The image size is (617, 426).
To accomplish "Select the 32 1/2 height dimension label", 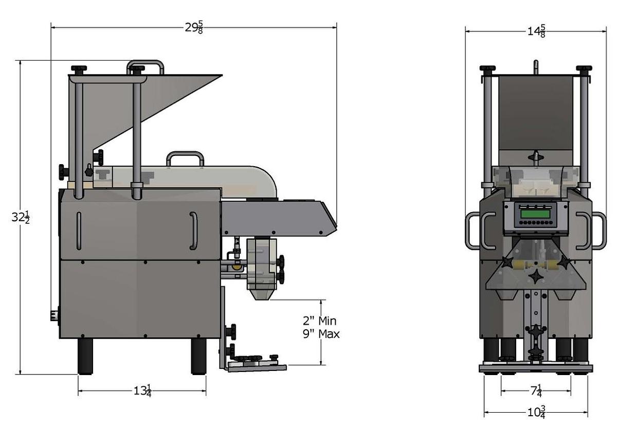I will pyautogui.click(x=20, y=218).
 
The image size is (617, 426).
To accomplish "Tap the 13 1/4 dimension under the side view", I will pyautogui.click(x=142, y=390).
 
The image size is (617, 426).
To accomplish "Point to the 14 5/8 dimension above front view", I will pyautogui.click(x=536, y=31).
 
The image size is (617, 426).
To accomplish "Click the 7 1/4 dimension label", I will pyautogui.click(x=536, y=391).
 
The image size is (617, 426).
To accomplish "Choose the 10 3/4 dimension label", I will pyautogui.click(x=536, y=412).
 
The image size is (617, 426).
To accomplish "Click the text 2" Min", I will pyautogui.click(x=319, y=321).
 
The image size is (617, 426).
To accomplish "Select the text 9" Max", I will pyautogui.click(x=321, y=334).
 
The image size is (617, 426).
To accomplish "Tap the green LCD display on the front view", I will pyautogui.click(x=535, y=213).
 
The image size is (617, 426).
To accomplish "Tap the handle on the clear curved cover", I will pyautogui.click(x=185, y=157).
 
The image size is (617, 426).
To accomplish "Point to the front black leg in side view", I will pyautogui.click(x=198, y=356).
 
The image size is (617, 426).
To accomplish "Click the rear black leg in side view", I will pyautogui.click(x=85, y=356).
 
